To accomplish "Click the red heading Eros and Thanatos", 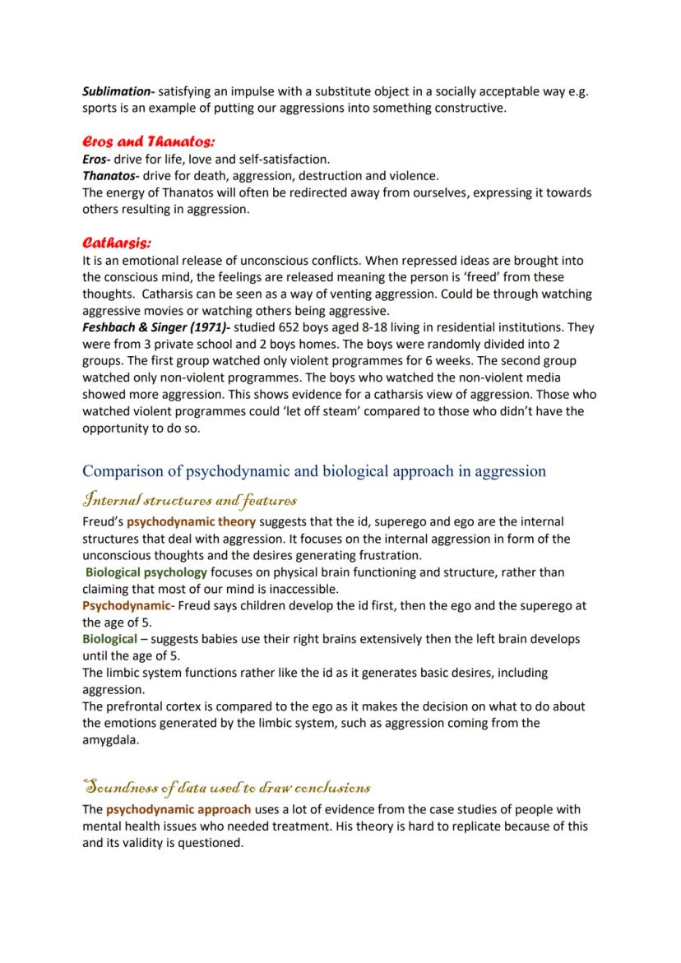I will pyautogui.click(x=148, y=141).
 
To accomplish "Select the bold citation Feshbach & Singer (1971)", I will pyautogui.click(x=151, y=327).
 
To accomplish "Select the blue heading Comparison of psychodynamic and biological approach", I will pyautogui.click(x=313, y=471).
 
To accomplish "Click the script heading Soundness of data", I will pyautogui.click(x=225, y=787).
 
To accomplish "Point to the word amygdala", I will pyautogui.click(x=111, y=740).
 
